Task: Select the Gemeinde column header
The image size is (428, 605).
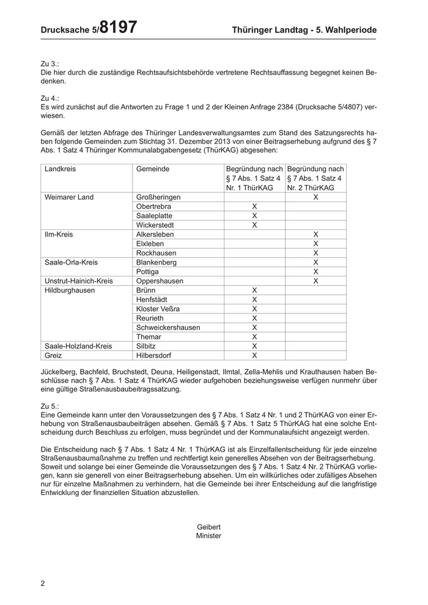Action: click(x=153, y=169)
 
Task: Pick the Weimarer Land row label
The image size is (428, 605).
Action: click(x=69, y=197)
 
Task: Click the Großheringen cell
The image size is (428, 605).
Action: click(x=158, y=197)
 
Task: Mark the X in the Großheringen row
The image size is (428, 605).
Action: click(x=315, y=197)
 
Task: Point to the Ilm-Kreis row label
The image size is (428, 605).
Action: click(x=59, y=234)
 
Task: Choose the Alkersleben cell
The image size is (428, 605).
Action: click(x=157, y=234)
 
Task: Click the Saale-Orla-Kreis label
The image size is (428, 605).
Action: click(x=72, y=262)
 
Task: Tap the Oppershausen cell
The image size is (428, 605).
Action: click(x=160, y=281)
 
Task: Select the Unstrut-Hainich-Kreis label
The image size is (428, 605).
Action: click(x=79, y=281)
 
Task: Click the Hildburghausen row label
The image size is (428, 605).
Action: click(x=70, y=290)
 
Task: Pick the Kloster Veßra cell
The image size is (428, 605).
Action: click(x=158, y=309)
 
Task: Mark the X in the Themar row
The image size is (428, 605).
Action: click(x=254, y=337)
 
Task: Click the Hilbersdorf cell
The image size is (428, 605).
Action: click(x=155, y=355)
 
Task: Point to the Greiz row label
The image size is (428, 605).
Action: click(x=54, y=355)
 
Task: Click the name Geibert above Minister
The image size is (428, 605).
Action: click(x=208, y=527)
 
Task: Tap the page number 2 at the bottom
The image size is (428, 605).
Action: click(x=43, y=584)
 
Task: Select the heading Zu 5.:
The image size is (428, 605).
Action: click(x=50, y=405)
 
